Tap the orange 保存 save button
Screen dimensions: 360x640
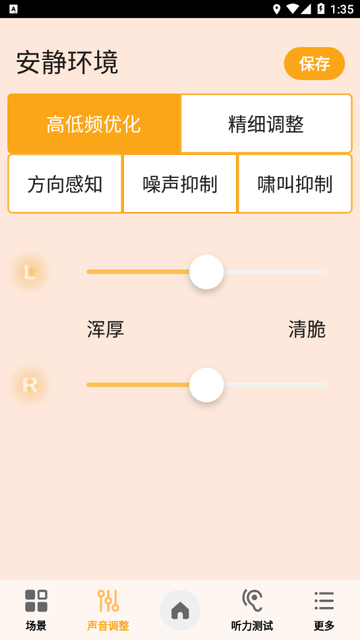click(x=314, y=63)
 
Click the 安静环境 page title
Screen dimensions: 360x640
click(x=67, y=63)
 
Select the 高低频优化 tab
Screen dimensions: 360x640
click(x=94, y=124)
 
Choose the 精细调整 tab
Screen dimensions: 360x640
click(x=266, y=124)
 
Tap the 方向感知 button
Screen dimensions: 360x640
click(x=65, y=184)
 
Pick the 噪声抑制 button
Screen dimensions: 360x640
click(x=180, y=184)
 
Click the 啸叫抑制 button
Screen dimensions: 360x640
click(x=295, y=184)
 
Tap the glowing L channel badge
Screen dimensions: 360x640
click(x=30, y=272)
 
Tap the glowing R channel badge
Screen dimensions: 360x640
click(x=30, y=385)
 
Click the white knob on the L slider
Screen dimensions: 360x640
click(x=206, y=272)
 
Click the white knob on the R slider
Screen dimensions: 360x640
click(x=206, y=385)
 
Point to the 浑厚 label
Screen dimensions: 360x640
click(x=105, y=329)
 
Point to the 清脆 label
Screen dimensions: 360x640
click(x=307, y=329)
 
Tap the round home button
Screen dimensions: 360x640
click(x=180, y=610)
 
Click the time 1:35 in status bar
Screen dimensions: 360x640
click(x=341, y=9)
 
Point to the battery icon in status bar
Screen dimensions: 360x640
click(x=321, y=9)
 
